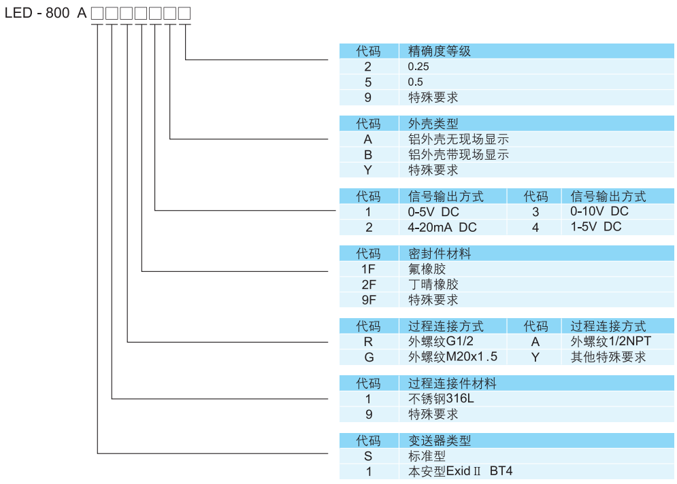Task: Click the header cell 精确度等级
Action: (439, 51)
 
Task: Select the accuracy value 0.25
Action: (418, 67)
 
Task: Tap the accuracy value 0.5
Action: (415, 82)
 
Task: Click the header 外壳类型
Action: (433, 124)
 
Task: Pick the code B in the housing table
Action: (368, 154)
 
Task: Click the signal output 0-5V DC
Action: (433, 212)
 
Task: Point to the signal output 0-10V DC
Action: (599, 211)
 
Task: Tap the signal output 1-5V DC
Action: (595, 226)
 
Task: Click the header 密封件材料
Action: (439, 254)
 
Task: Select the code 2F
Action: (368, 284)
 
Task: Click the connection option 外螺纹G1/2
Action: (440, 341)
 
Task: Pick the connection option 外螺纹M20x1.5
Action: (452, 357)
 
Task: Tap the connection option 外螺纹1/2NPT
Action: (610, 341)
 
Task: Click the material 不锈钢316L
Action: (440, 398)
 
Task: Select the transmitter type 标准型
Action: (427, 456)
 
